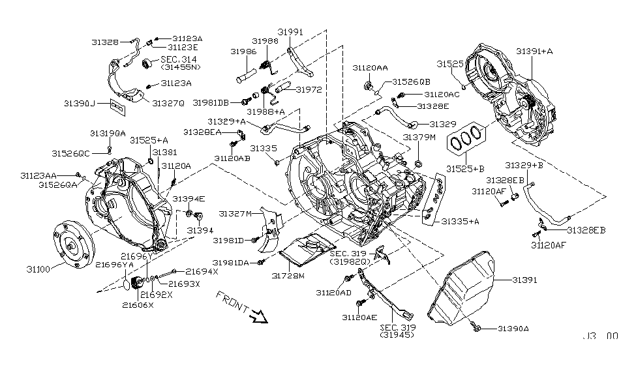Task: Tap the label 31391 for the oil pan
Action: tap(524, 279)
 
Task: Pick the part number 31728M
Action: tap(288, 276)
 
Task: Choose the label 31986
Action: tap(242, 50)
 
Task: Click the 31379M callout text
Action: tap(419, 138)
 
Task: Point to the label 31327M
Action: tap(235, 213)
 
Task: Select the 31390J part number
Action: tap(80, 104)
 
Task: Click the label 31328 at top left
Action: tap(104, 41)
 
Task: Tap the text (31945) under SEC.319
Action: tap(394, 336)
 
